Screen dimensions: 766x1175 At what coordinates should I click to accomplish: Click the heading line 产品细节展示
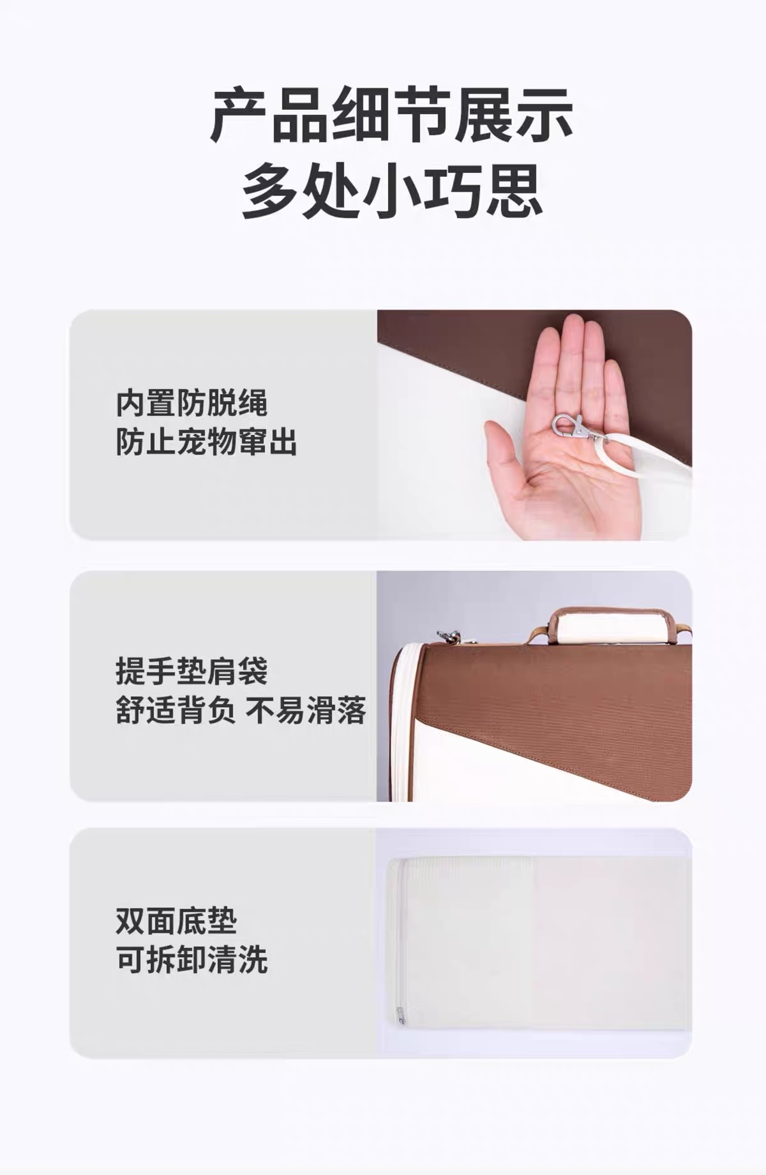[391, 116]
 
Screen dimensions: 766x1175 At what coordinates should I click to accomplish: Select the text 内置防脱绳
[191, 403]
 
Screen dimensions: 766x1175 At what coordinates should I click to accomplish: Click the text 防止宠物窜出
[207, 442]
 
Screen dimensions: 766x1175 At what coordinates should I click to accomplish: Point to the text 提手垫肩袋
[191, 671]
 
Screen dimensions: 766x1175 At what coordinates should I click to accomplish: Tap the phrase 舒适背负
[176, 710]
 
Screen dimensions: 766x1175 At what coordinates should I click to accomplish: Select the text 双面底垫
[176, 921]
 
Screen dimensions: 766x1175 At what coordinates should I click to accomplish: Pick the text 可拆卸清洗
[191, 960]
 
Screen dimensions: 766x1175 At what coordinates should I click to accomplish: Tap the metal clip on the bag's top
[453, 636]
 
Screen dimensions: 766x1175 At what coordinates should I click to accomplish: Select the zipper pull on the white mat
[400, 1015]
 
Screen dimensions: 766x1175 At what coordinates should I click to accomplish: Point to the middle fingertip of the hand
[575, 324]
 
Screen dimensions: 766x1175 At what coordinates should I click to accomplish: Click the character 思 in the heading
[514, 190]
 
